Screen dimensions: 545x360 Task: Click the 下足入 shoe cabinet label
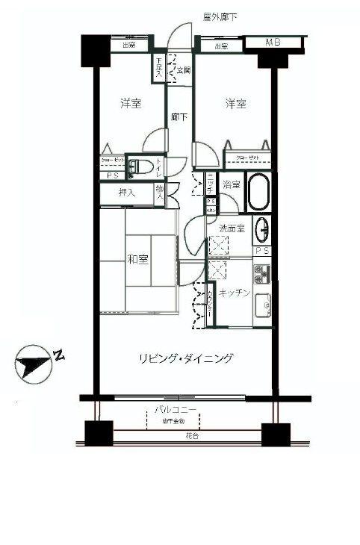[159, 70]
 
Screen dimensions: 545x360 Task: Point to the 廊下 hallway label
[179, 117]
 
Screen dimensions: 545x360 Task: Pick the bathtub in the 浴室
[258, 193]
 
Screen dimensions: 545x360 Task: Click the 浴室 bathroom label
[231, 184]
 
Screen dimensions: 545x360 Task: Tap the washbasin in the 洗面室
[262, 228]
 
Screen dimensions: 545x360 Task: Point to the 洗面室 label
[232, 228]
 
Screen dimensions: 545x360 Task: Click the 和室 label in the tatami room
[136, 260]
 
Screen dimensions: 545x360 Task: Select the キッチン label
[234, 294]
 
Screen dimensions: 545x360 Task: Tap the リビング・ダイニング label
[185, 358]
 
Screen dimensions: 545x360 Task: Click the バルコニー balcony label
[176, 411]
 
